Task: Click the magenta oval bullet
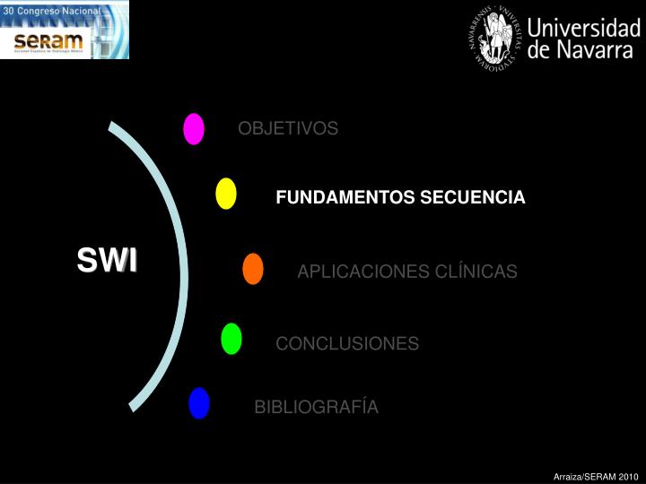tap(194, 129)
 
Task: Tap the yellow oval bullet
tap(226, 194)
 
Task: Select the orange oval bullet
tap(253, 269)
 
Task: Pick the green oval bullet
tap(231, 339)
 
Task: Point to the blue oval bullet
tap(199, 403)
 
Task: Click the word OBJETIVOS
tap(288, 129)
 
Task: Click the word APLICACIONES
tap(353, 272)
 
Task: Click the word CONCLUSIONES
tap(347, 344)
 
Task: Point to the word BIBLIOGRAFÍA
tap(317, 408)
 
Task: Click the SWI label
tap(107, 261)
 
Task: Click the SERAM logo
tap(49, 41)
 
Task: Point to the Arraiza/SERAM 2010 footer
tap(595, 476)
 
